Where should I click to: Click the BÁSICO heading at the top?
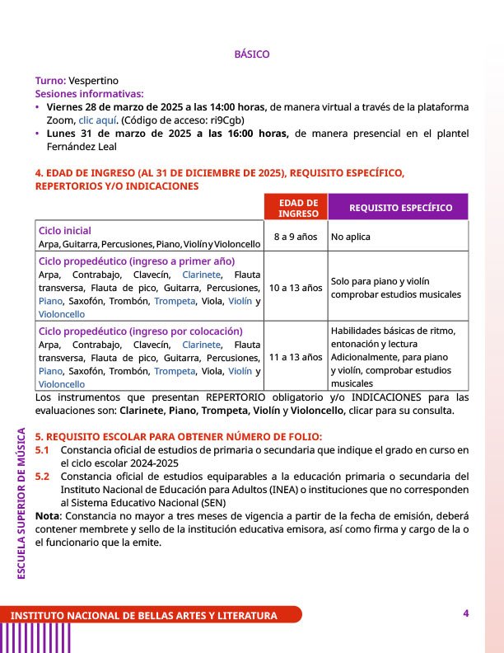click(x=252, y=54)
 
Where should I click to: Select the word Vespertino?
click(x=93, y=80)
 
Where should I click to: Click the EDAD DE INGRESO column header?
click(x=298, y=208)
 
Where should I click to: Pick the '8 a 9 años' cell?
click(x=295, y=237)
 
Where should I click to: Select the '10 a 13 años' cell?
click(x=296, y=288)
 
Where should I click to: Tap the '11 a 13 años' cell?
click(x=296, y=357)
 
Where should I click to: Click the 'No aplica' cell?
click(x=351, y=237)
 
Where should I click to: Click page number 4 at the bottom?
click(x=465, y=613)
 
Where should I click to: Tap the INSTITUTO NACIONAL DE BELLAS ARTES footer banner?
click(x=144, y=616)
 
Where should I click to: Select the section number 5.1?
click(x=42, y=449)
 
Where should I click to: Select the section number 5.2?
click(x=42, y=476)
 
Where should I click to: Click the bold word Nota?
click(x=47, y=515)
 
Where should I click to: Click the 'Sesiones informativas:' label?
click(x=89, y=93)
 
